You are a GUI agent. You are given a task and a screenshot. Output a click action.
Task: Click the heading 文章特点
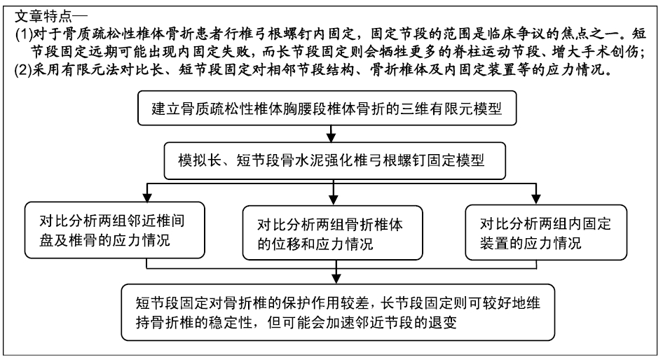(x=43, y=17)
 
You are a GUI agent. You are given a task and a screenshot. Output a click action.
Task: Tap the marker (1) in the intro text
(x=24, y=34)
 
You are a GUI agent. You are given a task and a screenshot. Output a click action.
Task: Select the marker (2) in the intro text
(x=24, y=69)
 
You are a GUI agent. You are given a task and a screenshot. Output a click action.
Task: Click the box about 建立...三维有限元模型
(x=327, y=108)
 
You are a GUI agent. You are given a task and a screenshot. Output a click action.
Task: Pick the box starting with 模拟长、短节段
(x=334, y=160)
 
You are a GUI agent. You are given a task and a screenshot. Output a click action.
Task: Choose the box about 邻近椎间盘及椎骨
(x=114, y=230)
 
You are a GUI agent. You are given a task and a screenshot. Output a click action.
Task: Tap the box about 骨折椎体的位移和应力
(x=332, y=233)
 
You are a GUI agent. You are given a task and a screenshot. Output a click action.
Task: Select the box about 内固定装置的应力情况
(x=546, y=233)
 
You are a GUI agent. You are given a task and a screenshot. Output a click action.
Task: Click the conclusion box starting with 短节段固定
(x=338, y=312)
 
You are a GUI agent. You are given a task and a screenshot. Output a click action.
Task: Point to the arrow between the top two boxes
(x=331, y=134)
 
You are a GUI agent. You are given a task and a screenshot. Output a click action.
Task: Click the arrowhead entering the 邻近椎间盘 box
(x=146, y=198)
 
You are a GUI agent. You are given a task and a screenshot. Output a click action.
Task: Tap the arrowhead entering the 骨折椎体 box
(x=333, y=201)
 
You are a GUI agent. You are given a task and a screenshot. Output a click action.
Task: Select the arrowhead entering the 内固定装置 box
(x=535, y=200)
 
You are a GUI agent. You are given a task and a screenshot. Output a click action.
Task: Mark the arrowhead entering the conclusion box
(x=336, y=279)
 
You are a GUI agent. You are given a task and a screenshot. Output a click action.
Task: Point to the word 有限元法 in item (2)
(x=90, y=70)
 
